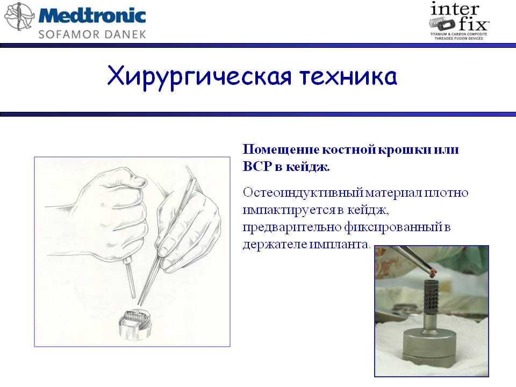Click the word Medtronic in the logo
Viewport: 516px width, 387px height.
(92, 16)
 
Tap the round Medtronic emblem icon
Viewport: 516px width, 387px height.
(19, 17)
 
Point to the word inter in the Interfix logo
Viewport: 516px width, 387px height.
(455, 9)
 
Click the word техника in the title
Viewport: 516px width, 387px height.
(348, 77)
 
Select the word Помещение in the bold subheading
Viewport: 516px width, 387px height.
(281, 150)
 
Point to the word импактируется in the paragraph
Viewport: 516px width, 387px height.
(289, 210)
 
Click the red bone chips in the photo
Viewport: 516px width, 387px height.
(432, 272)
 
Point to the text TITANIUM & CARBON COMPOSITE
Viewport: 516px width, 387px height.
(458, 34)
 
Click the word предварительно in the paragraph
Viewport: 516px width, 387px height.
(291, 227)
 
